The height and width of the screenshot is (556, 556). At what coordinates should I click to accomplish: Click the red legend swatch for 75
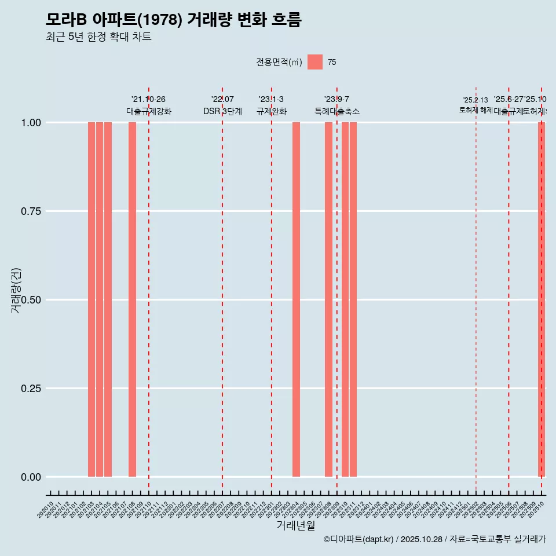point(315,62)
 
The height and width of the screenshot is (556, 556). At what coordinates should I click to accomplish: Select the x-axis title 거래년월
point(296,525)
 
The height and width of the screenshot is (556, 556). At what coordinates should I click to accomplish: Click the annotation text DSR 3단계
point(222,111)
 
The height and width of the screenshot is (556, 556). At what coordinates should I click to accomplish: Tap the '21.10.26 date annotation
point(148,100)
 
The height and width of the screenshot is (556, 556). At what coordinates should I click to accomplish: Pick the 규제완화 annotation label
point(272,111)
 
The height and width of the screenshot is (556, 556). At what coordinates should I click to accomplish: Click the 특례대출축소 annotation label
point(337,111)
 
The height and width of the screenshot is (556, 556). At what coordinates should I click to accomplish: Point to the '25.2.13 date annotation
point(475,100)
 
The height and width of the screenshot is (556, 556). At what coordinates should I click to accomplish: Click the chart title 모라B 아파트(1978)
point(173,20)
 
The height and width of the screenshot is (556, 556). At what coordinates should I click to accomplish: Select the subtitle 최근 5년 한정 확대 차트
point(98,37)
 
